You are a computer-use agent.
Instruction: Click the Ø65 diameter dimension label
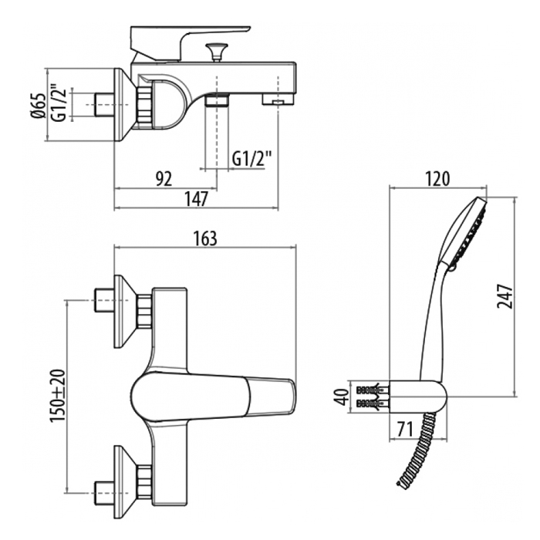39,106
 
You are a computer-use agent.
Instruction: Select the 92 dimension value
164,179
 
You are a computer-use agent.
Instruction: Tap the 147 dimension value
196,199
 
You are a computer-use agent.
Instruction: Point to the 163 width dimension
205,238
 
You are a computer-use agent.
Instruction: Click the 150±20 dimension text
57,396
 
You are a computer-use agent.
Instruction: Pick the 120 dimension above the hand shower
437,179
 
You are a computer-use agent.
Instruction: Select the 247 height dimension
505,296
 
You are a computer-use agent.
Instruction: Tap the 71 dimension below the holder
405,429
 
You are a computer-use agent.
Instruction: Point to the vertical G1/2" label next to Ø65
58,103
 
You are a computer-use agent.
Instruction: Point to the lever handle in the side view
189,43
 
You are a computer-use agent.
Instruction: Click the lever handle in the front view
214,397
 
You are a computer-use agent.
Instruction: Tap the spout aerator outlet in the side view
278,100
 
